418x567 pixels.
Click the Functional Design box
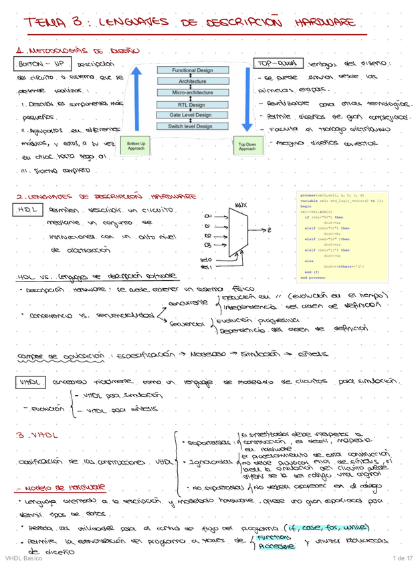click(x=192, y=70)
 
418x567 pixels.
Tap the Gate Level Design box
click(x=192, y=114)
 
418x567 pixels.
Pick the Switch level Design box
click(x=192, y=126)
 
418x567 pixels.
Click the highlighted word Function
click(x=274, y=537)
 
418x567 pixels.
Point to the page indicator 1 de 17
click(x=402, y=558)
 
